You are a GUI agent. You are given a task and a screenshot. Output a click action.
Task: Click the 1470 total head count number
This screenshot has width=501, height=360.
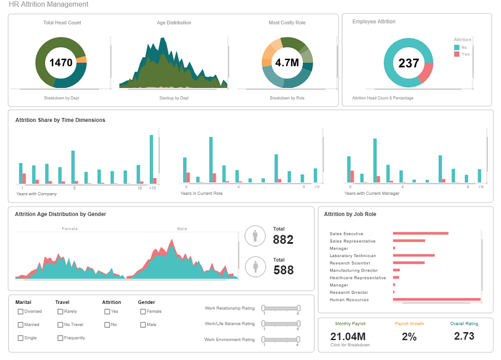[61, 63]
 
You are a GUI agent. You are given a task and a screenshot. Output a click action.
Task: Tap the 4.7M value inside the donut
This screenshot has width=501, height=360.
[287, 63]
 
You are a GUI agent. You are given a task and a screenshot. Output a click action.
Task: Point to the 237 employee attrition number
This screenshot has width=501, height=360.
[408, 63]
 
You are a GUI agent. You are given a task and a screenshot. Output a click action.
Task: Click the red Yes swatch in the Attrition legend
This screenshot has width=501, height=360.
[457, 54]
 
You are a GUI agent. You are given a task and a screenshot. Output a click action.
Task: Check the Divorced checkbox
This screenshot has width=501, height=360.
[21, 312]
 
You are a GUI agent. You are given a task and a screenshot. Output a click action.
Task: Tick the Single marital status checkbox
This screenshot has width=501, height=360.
[21, 338]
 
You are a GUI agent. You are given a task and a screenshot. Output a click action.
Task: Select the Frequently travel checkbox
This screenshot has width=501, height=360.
[60, 338]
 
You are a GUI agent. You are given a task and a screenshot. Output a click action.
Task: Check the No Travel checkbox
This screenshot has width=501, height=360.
[60, 324]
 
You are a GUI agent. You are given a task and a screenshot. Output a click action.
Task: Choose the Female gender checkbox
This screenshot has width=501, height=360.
[143, 312]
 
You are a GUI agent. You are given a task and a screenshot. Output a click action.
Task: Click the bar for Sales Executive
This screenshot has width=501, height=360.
[420, 234]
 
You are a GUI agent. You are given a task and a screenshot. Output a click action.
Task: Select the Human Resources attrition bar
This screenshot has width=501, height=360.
[436, 299]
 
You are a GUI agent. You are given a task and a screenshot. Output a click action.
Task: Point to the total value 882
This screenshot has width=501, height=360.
[283, 240]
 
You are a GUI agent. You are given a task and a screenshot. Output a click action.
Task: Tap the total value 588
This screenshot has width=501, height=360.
[283, 270]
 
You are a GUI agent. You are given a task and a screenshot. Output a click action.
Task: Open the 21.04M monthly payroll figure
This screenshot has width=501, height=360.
[347, 336]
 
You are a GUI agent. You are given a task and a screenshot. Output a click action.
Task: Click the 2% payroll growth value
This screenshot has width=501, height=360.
[409, 336]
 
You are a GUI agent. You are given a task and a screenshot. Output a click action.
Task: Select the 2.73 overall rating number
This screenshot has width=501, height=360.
[464, 336]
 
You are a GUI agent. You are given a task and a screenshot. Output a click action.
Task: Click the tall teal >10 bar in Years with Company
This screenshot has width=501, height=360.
[151, 159]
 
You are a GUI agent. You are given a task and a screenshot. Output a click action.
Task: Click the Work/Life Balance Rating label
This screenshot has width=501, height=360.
[229, 323]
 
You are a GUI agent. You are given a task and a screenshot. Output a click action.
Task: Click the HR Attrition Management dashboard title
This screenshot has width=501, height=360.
[48, 4]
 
